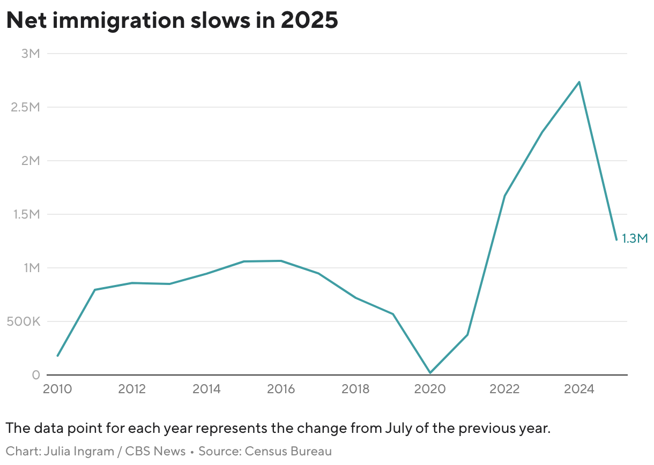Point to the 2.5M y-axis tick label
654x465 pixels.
coord(26,107)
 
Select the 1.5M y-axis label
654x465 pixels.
coord(26,214)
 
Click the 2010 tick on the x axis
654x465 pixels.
coord(57,389)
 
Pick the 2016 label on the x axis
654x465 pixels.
coord(280,389)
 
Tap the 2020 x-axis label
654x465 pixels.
coord(430,389)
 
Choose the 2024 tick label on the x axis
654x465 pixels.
coord(579,389)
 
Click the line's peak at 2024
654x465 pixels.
coord(579,82)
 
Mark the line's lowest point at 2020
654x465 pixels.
coord(430,373)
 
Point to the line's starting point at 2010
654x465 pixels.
coord(57,356)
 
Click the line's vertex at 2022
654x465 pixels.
coord(504,196)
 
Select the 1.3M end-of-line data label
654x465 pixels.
coord(635,238)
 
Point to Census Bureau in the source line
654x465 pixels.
coord(288,451)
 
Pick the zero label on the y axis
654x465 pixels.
coord(36,375)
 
